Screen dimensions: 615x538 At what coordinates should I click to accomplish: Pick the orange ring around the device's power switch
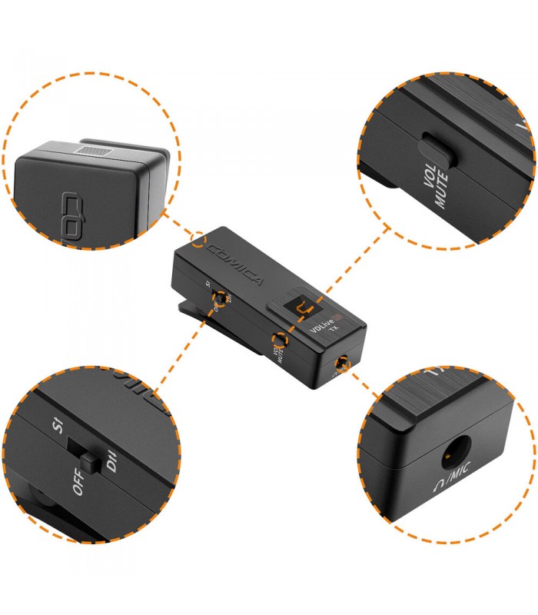(221, 298)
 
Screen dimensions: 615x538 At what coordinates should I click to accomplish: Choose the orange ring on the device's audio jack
(341, 367)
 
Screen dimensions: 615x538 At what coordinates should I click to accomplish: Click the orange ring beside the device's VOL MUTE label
(281, 338)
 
